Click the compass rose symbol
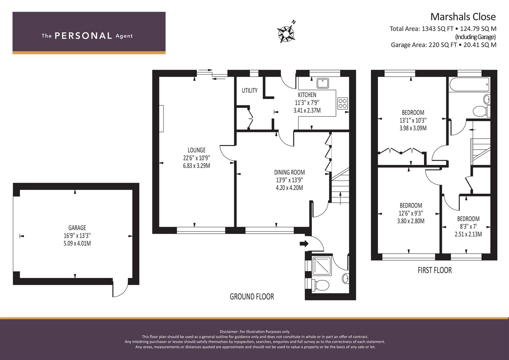[286, 34]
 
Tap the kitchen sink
[323, 83]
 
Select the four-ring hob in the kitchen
[342, 103]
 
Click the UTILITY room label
[250, 90]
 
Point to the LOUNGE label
[197, 150]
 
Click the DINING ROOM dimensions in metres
[289, 188]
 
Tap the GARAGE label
[77, 228]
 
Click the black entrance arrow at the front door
[304, 244]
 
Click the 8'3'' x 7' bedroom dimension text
[468, 226]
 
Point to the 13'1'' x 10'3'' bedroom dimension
[413, 120]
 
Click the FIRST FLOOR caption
[435, 270]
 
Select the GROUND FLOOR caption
[252, 297]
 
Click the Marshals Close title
[463, 17]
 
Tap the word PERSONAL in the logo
[83, 36]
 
